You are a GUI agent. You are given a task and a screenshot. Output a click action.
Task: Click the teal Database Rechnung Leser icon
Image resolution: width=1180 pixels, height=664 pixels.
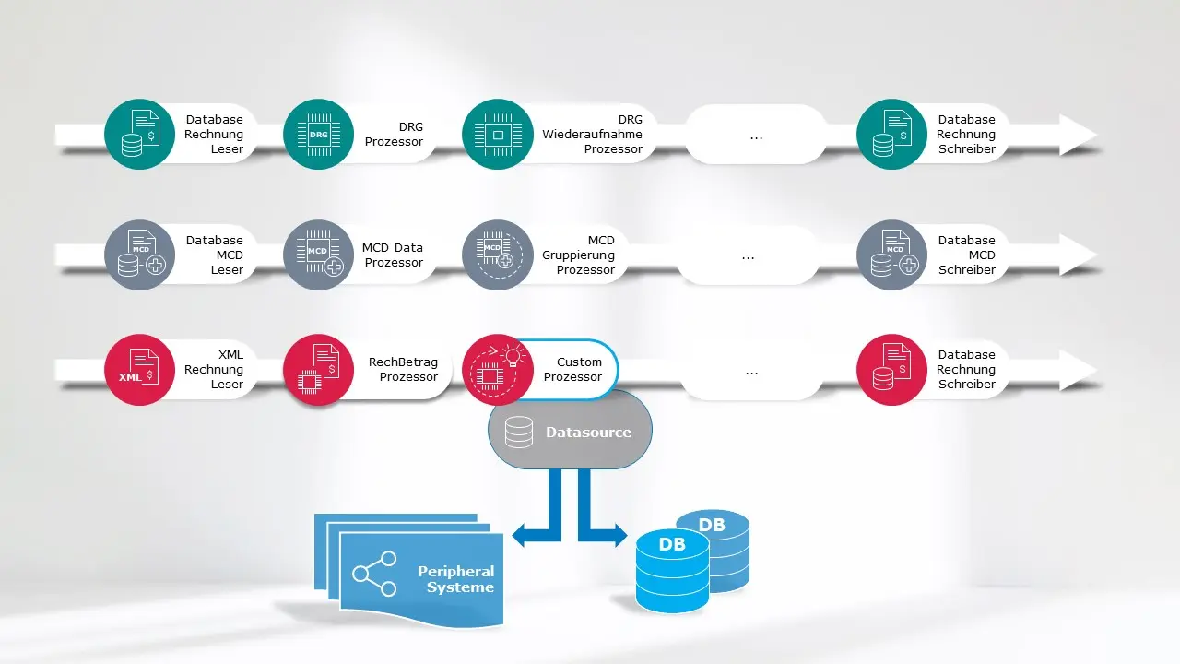tap(139, 134)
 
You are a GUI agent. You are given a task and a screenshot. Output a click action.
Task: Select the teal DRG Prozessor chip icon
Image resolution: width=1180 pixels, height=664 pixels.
tap(318, 134)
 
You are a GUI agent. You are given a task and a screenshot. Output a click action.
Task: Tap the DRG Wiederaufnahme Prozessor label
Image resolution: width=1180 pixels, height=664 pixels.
tap(592, 134)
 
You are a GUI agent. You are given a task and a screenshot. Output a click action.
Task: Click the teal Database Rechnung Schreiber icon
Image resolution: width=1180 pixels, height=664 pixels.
tap(891, 134)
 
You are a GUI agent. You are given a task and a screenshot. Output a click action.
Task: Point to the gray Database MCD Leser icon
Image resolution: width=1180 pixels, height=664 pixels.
tap(139, 255)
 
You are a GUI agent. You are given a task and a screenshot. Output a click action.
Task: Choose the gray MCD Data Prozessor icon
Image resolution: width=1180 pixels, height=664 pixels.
tap(318, 255)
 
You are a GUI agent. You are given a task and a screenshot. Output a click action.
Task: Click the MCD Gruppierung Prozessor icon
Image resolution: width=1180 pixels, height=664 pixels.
tap(497, 255)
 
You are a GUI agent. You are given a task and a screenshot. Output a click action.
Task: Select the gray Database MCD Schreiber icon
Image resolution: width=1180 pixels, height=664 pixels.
tap(891, 255)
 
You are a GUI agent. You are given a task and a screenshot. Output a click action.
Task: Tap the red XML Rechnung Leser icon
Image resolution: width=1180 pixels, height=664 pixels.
tap(139, 369)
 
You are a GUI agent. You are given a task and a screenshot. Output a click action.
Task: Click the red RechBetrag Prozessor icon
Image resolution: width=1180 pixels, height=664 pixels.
tap(318, 369)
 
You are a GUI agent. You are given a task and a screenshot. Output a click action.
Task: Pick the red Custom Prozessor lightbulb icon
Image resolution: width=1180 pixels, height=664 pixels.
tap(497, 369)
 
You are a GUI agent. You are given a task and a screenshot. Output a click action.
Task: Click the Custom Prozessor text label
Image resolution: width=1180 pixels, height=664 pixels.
tap(572, 369)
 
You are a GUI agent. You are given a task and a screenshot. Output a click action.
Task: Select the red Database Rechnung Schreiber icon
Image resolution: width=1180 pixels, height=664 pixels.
tap(891, 369)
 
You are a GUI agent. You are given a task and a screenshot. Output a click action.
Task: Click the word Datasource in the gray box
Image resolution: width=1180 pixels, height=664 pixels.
tap(588, 432)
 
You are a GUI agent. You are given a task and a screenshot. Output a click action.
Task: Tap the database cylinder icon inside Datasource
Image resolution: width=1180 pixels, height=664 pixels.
tap(518, 432)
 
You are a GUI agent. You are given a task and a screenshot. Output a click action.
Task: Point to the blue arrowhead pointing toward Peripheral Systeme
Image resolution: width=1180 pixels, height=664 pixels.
tap(519, 534)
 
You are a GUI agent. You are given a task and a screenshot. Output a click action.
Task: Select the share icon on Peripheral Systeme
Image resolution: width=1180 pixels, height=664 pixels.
tap(374, 574)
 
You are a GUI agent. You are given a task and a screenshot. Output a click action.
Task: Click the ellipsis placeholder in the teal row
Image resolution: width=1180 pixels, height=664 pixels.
tap(756, 135)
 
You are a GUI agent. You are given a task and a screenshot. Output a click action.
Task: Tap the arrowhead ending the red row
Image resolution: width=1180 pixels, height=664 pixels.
tap(1078, 369)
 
